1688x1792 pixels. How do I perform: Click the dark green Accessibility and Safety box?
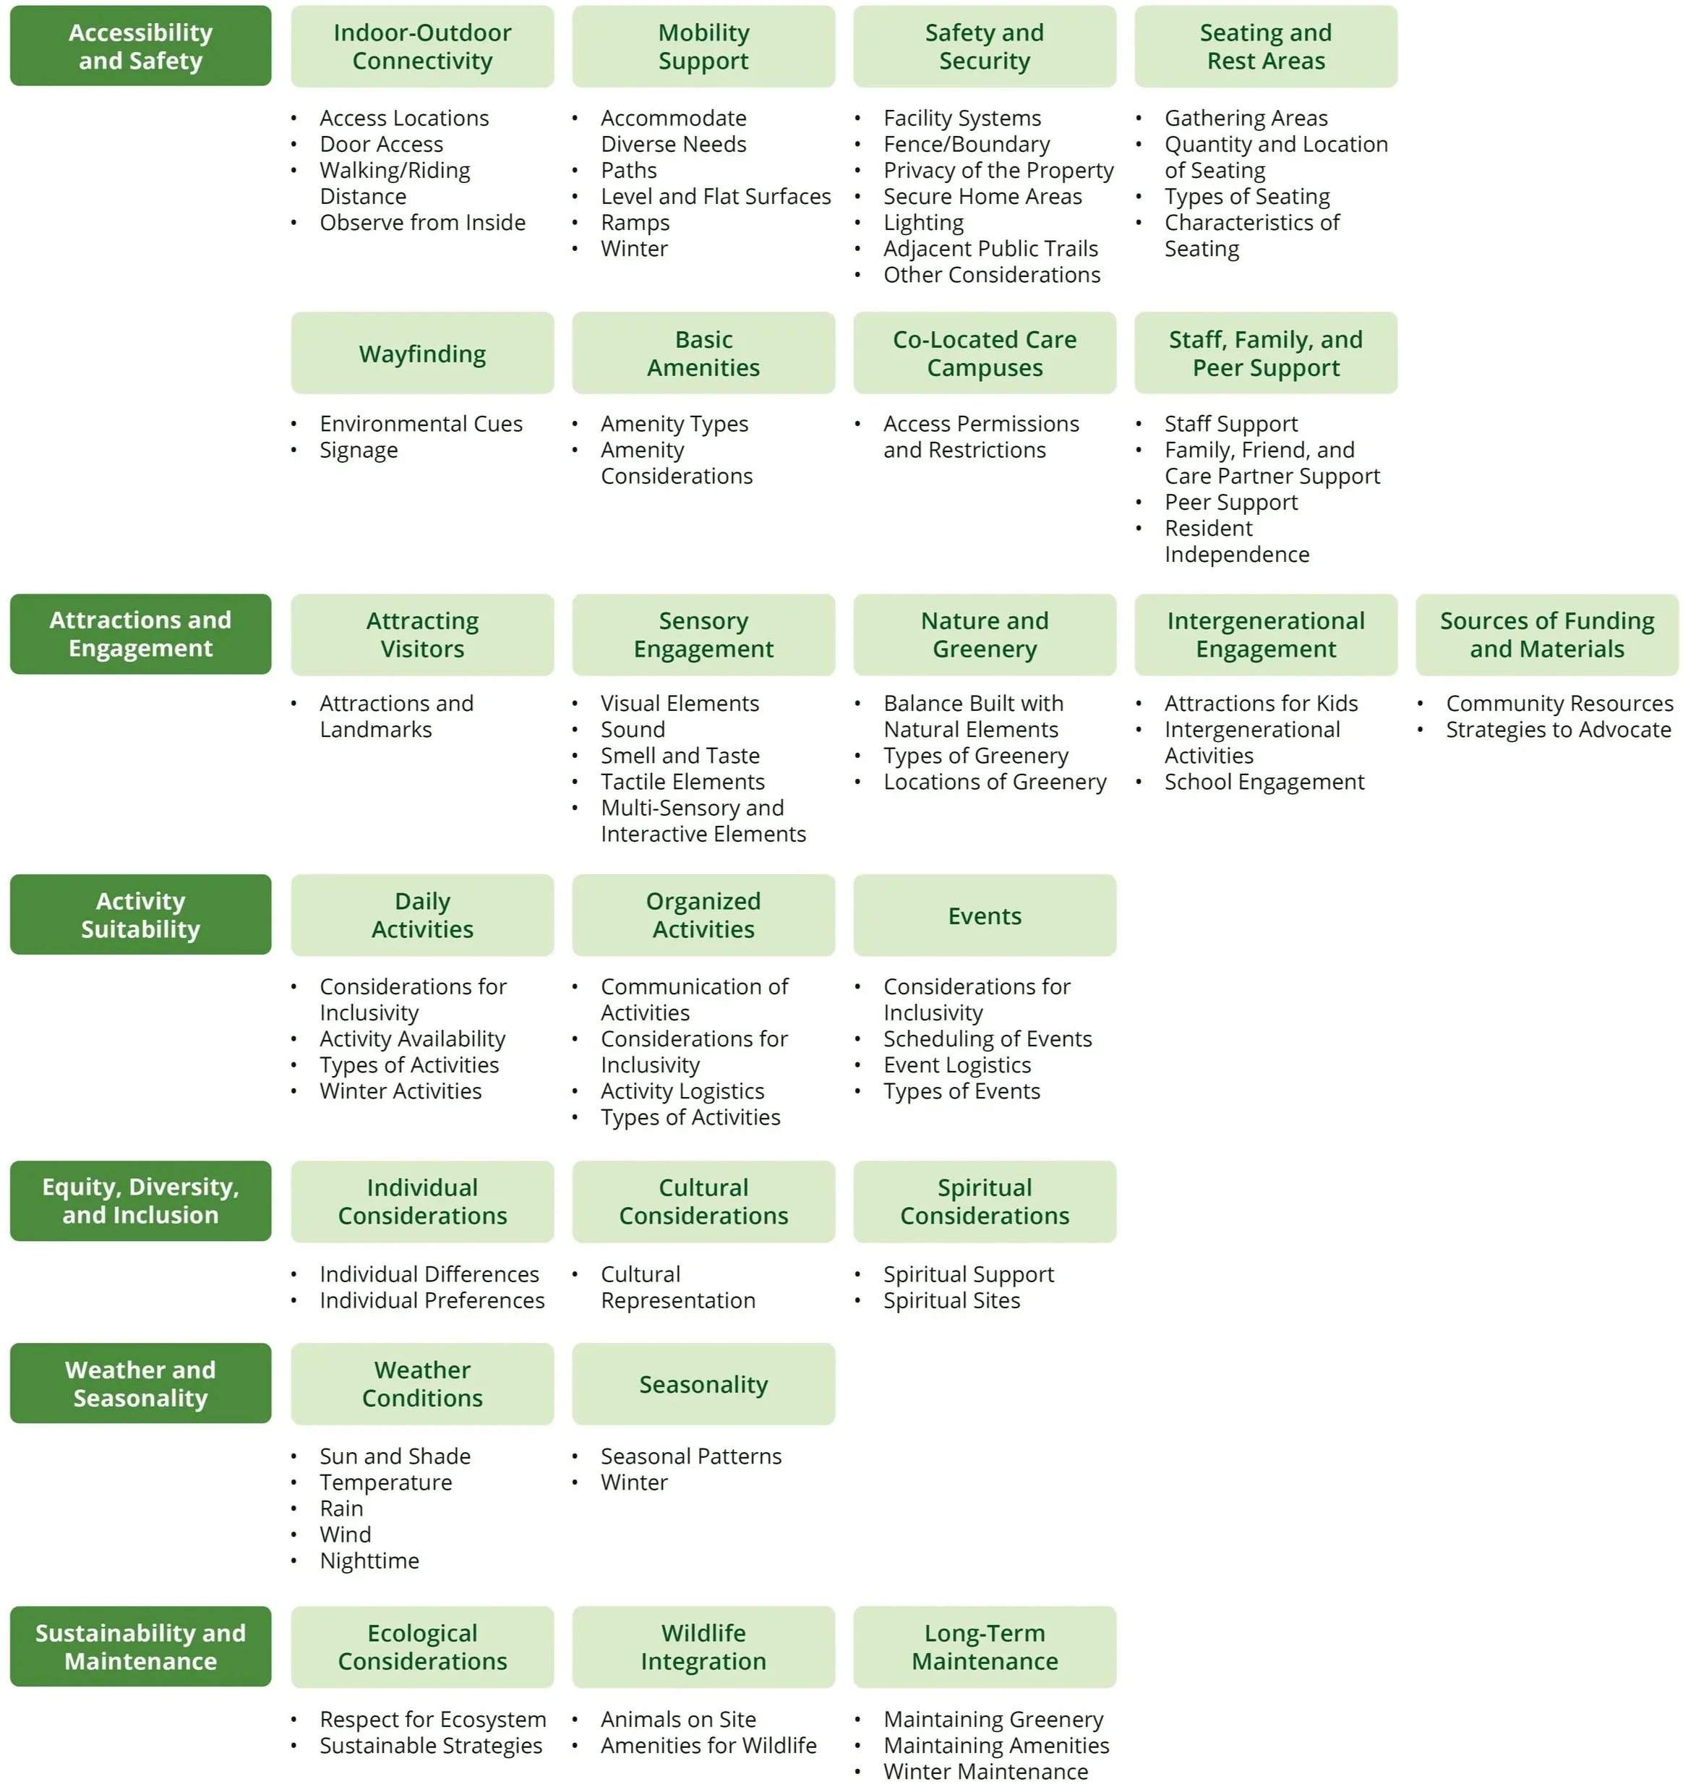pos(140,46)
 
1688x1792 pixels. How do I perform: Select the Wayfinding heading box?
pos(421,354)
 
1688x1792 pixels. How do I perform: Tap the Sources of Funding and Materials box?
pos(1546,635)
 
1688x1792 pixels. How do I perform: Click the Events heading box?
pos(984,916)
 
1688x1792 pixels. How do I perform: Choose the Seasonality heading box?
pos(703,1383)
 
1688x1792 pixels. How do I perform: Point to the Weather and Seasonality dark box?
pos(140,1383)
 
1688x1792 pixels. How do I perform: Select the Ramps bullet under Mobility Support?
pos(635,223)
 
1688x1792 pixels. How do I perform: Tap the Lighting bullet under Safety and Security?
pos(923,223)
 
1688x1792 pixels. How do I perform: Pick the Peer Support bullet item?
pos(1230,502)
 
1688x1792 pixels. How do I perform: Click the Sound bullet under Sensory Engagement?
pos(633,729)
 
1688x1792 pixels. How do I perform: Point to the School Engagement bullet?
pos(1264,782)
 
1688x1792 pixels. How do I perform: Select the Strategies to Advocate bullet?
pos(1557,729)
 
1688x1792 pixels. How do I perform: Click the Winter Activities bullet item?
pos(400,1091)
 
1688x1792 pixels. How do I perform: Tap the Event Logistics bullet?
pos(956,1064)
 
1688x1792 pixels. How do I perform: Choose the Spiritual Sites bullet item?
pos(951,1300)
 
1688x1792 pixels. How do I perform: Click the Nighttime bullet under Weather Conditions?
pos(369,1561)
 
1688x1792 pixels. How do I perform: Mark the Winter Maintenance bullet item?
pos(985,1771)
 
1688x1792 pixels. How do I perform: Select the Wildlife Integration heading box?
pos(703,1647)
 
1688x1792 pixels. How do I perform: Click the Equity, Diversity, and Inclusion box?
pos(140,1200)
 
